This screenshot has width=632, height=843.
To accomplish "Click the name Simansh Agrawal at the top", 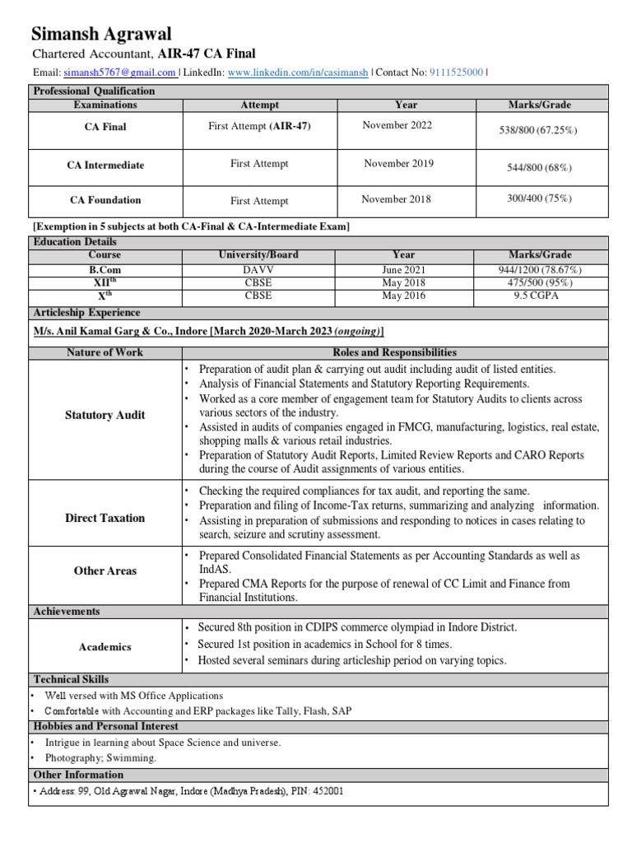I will pos(101,34).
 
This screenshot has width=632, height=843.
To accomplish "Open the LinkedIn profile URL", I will pos(297,72).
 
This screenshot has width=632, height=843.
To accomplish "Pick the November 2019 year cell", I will pos(398,164).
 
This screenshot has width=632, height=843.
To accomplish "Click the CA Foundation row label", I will pos(105,200).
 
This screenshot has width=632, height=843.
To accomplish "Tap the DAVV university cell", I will pos(259,269).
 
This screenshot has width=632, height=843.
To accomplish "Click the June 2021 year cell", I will pos(403,269).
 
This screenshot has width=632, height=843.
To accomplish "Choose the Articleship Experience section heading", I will pos(86,313).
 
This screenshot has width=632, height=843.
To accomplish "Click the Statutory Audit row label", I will pos(105,415).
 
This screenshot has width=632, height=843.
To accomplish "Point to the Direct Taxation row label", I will pos(105,518).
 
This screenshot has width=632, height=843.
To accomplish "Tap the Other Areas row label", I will pos(105,571).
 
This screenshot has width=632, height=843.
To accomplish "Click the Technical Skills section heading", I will pos(72,678).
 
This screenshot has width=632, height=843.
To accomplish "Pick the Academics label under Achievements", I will pos(105,647).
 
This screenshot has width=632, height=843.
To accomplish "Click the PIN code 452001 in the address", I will pos(328,791).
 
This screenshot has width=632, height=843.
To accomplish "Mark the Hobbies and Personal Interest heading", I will pos(106,726).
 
